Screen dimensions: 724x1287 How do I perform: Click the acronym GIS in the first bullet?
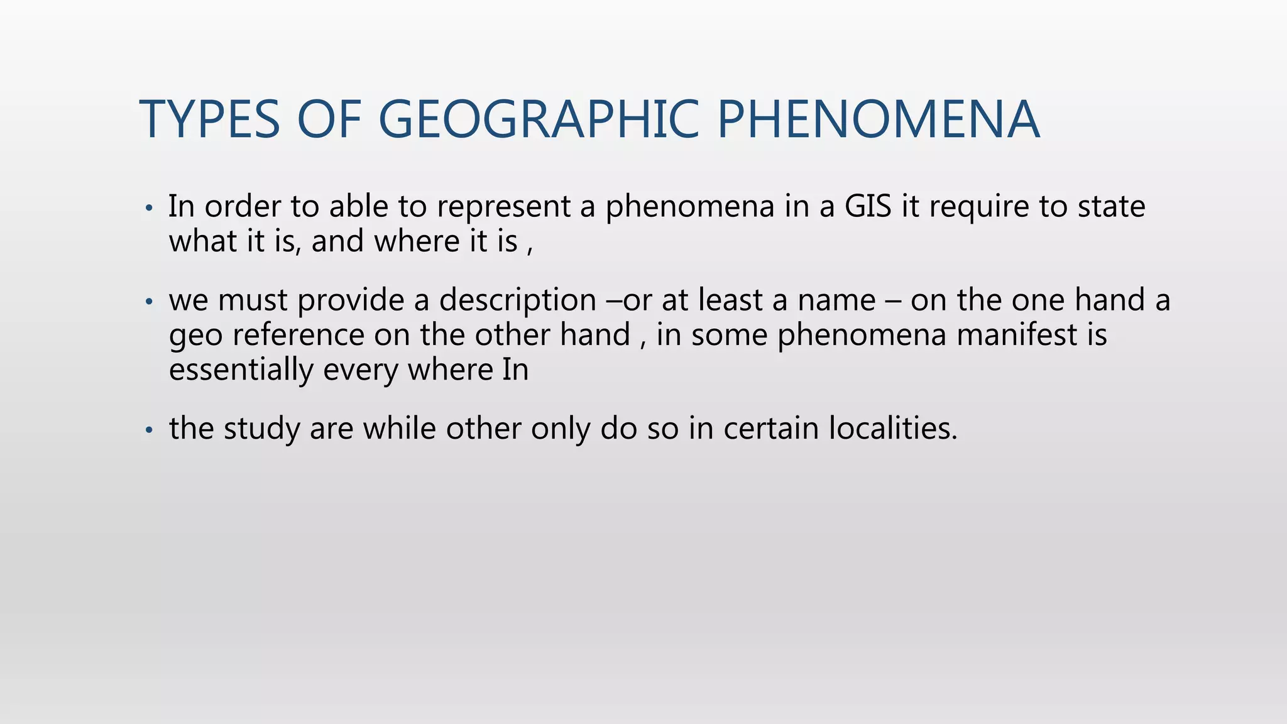click(868, 206)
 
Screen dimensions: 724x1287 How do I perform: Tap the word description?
click(517, 300)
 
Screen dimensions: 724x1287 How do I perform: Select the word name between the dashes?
click(836, 300)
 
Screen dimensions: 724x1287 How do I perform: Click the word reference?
click(298, 334)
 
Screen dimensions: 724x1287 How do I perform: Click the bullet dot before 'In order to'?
click(148, 208)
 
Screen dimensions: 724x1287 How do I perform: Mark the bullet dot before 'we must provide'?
click(148, 302)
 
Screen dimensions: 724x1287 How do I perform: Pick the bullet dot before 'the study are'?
click(148, 431)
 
